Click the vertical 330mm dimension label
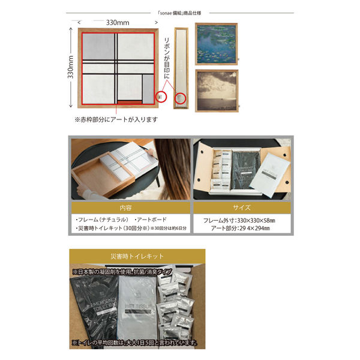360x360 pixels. (71, 67)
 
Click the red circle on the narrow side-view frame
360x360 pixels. (179, 97)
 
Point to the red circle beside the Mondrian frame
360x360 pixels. (160, 95)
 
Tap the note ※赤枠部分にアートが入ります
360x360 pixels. (116, 119)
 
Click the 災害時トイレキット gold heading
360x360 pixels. (137, 256)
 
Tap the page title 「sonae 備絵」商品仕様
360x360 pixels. (180, 11)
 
